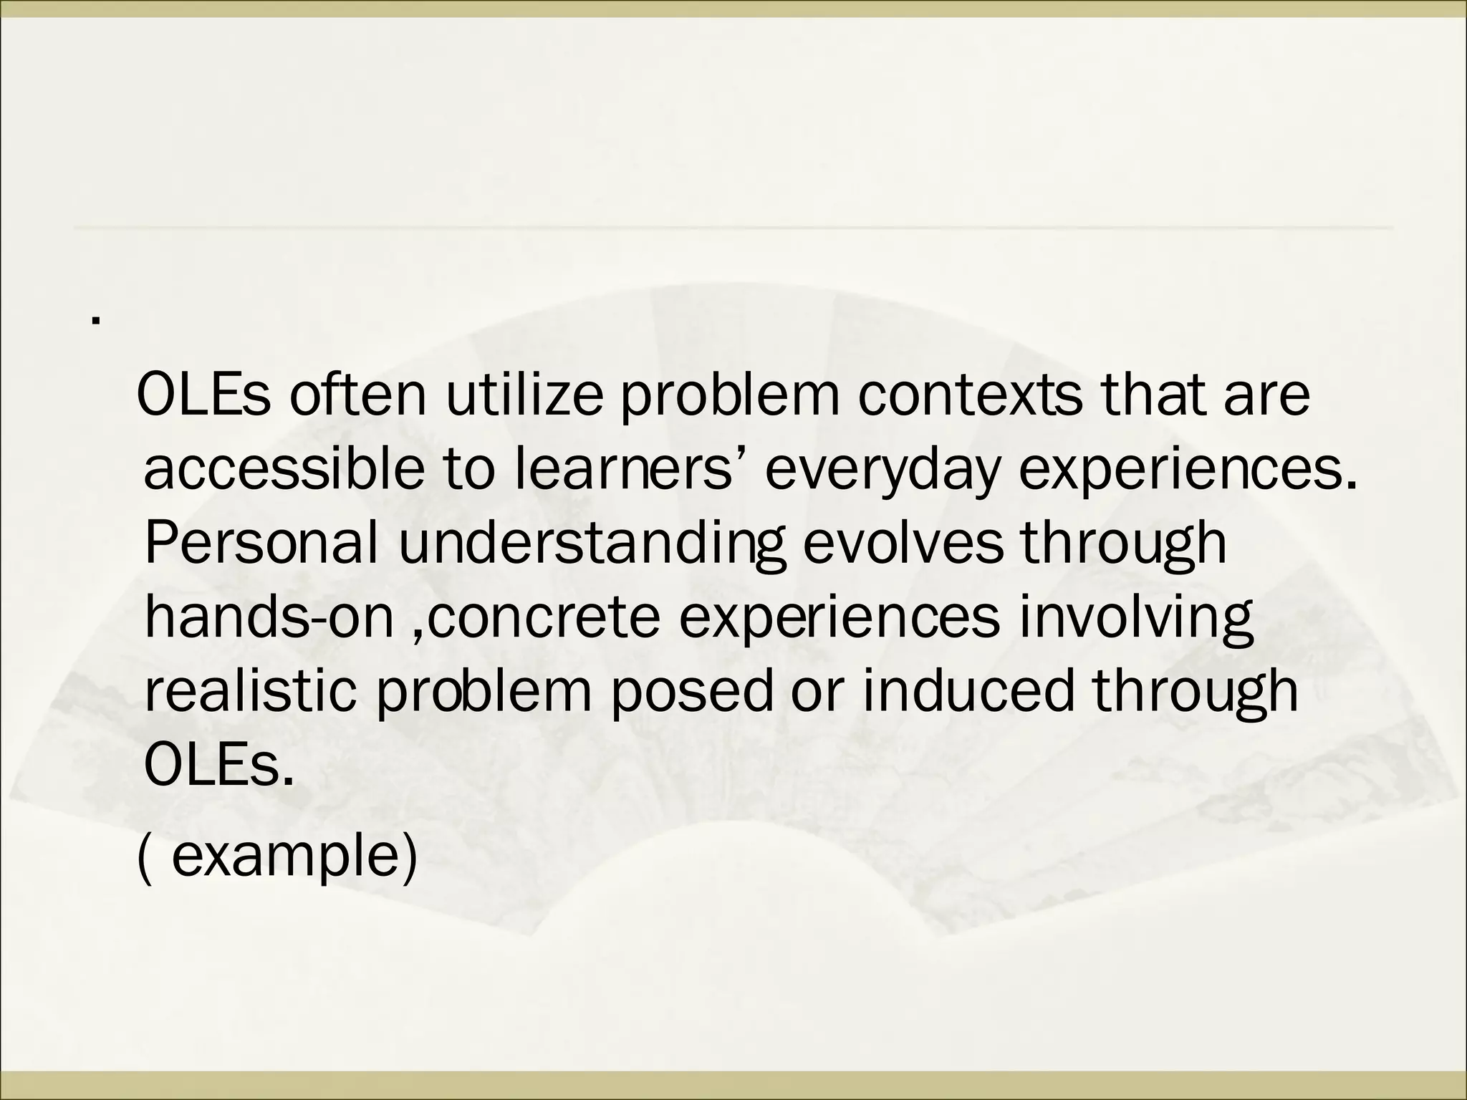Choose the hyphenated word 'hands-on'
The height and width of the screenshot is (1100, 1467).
click(x=269, y=617)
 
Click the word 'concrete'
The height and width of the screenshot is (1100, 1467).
click(x=544, y=617)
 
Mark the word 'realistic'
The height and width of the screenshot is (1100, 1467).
click(x=250, y=692)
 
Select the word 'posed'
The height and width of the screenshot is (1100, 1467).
click(x=692, y=693)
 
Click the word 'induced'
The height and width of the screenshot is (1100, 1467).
click(x=968, y=692)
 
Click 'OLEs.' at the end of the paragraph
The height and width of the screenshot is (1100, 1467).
click(x=219, y=766)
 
